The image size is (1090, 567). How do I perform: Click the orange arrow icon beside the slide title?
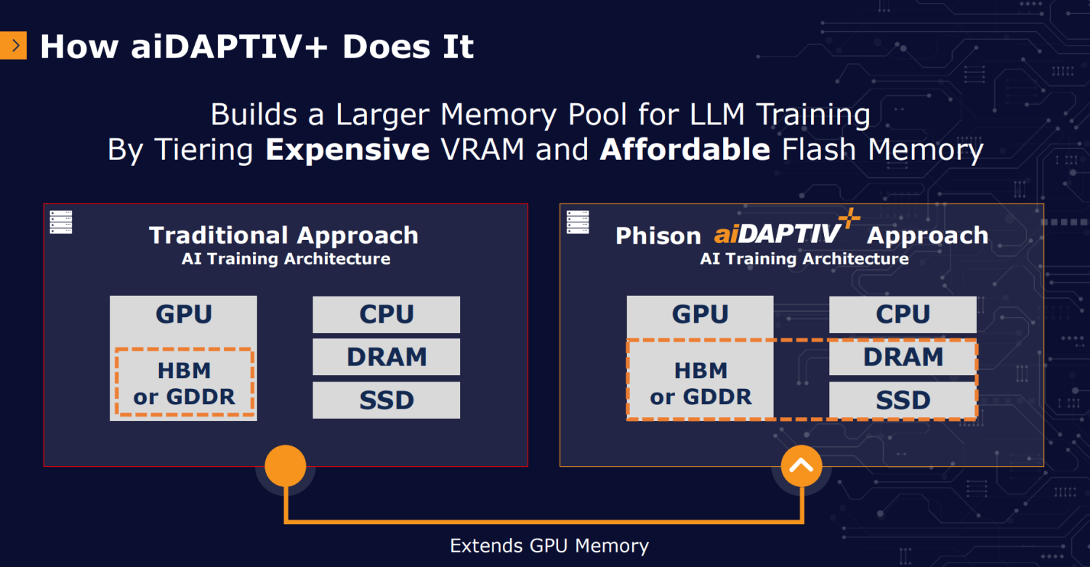point(13,45)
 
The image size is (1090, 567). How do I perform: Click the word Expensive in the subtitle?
point(347,150)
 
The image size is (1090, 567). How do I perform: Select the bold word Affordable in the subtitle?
point(685,149)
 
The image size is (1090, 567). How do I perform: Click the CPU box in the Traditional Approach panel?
point(387,315)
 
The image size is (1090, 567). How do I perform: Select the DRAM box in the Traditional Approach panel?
point(387,357)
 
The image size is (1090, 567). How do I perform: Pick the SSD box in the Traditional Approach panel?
point(387,400)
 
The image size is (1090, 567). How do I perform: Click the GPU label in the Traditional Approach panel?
point(184,314)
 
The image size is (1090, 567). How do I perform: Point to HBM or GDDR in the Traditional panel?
point(185,384)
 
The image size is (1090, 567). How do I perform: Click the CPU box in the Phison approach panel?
point(903,315)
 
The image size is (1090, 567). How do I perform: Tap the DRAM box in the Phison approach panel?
point(903,357)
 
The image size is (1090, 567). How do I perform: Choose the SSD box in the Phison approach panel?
point(903,400)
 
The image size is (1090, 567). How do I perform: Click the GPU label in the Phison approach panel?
point(701,314)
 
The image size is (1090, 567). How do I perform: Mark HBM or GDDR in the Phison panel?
point(701,384)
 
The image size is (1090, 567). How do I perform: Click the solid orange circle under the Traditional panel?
point(286,466)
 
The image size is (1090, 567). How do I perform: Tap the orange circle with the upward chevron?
point(802,466)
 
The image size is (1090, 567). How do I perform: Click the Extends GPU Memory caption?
point(549,546)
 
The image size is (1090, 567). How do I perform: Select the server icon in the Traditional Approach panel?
point(61,222)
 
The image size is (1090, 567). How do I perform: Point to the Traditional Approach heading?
point(283,236)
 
